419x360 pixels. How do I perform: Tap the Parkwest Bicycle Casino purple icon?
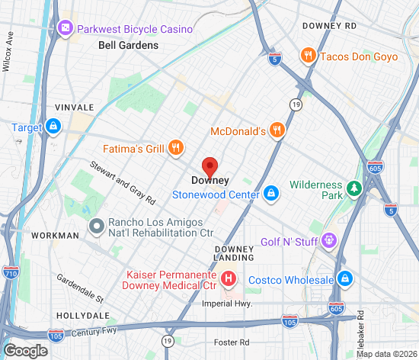pos(66,29)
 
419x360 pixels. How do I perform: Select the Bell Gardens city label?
pos(128,45)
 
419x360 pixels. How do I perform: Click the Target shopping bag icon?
pos(53,127)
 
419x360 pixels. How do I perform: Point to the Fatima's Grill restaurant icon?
pos(175,146)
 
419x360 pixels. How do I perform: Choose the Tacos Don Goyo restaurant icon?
pos(309,56)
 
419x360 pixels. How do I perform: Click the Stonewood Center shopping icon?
pos(270,194)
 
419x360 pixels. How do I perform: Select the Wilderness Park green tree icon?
pos(353,188)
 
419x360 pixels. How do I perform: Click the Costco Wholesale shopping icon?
pos(345,279)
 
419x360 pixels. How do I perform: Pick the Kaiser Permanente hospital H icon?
pos(226,278)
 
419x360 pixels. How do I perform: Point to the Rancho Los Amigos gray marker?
pos(97,225)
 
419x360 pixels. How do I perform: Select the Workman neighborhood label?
pos(56,236)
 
